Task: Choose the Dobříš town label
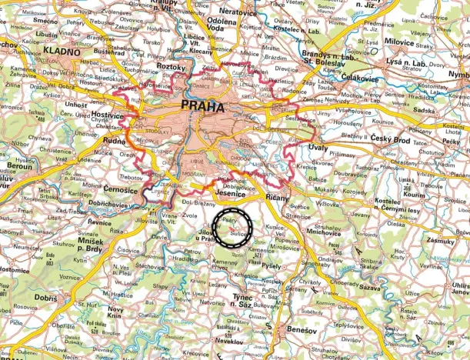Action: click(45, 295)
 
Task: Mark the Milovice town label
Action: click(399, 44)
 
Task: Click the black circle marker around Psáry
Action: click(232, 226)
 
